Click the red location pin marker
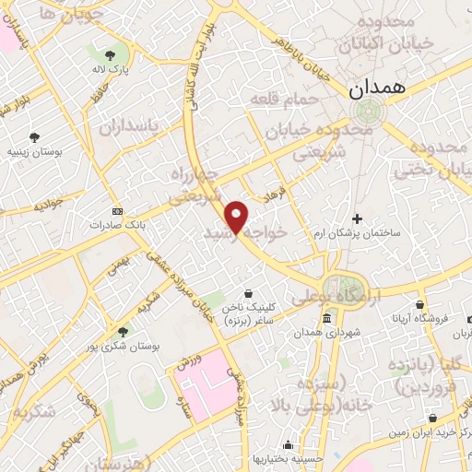click(237, 217)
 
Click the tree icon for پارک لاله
click(112, 54)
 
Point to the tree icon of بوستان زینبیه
click(34, 136)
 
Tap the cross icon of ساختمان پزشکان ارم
click(359, 218)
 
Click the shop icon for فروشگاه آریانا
click(419, 305)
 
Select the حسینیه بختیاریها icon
click(290, 443)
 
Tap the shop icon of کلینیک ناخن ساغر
click(248, 293)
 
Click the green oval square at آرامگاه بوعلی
click(343, 287)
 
